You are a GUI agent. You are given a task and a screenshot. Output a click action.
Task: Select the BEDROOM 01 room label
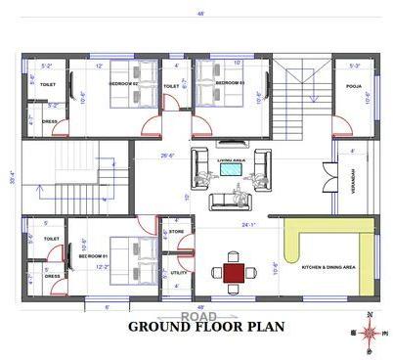93,257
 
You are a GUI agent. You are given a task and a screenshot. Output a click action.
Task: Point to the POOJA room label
354,86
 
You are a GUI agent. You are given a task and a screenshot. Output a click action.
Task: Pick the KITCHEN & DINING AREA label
327,267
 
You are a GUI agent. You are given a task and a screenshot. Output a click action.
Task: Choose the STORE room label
177,232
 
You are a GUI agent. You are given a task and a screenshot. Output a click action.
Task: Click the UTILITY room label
178,272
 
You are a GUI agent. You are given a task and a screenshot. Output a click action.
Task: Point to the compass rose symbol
369,334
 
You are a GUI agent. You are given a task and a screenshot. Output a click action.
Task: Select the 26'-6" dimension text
168,154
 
